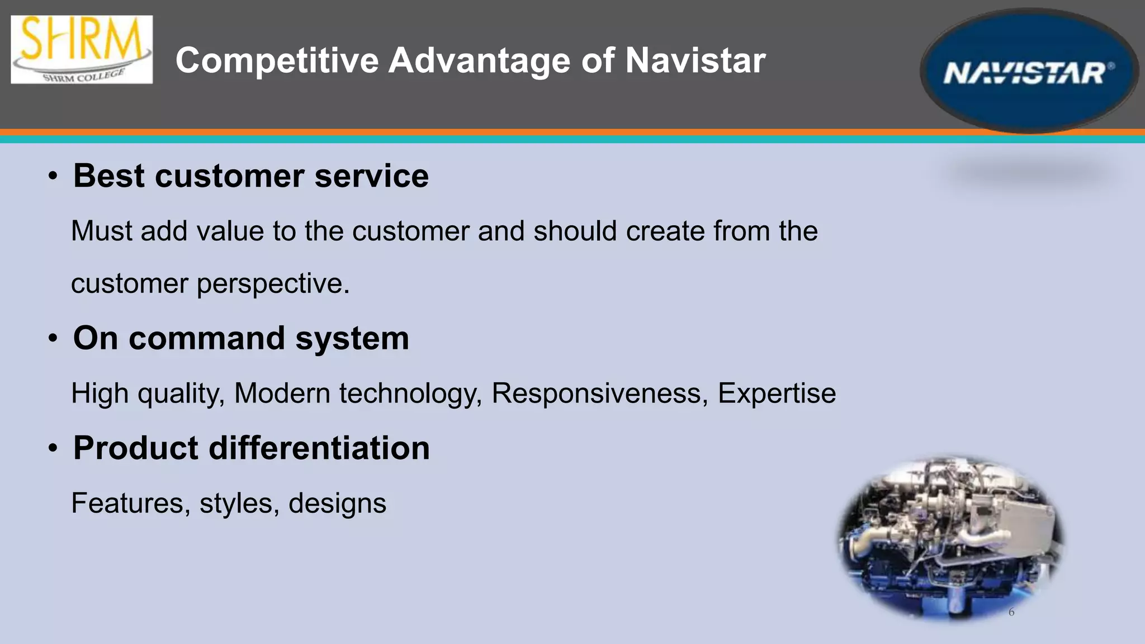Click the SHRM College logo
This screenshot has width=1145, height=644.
82,49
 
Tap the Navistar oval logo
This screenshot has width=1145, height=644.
1029,72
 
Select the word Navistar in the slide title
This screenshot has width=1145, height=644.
695,60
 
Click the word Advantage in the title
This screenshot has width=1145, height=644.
480,60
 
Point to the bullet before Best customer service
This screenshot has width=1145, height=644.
53,177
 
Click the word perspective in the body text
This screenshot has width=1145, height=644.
273,284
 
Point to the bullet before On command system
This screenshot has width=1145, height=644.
53,339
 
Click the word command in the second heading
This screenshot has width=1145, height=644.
207,339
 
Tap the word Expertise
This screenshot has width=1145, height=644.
777,393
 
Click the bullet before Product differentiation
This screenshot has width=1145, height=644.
53,448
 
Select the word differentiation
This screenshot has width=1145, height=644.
319,448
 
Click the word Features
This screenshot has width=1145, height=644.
127,503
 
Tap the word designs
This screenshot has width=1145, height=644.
337,503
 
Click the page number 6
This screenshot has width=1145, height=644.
1011,612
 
